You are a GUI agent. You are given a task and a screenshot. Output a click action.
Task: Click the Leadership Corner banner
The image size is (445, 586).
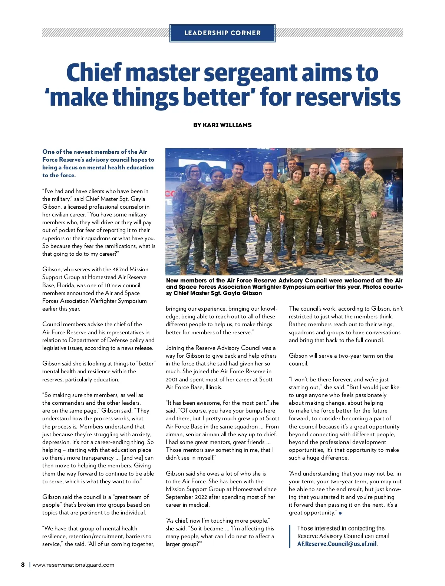point(222,33)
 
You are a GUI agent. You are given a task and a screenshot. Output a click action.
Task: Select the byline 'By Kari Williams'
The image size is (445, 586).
point(222,125)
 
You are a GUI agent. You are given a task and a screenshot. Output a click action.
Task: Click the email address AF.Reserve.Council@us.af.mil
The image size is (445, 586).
point(337,544)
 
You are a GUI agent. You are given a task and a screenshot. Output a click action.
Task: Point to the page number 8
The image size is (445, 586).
point(23,565)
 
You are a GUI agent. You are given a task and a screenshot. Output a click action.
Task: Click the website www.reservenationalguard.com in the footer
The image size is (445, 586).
point(73,565)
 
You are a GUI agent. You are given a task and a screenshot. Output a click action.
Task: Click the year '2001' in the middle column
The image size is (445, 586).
point(172,380)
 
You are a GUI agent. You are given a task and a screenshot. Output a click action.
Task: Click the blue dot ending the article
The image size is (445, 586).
point(340,513)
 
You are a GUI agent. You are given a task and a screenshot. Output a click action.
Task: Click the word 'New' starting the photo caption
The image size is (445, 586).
point(172,281)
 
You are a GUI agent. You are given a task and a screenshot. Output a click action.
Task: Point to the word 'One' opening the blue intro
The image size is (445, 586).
point(48,152)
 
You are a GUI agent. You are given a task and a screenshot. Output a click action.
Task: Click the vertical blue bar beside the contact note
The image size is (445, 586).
point(289,536)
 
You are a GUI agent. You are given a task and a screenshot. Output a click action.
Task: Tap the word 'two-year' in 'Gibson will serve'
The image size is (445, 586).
point(349,356)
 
